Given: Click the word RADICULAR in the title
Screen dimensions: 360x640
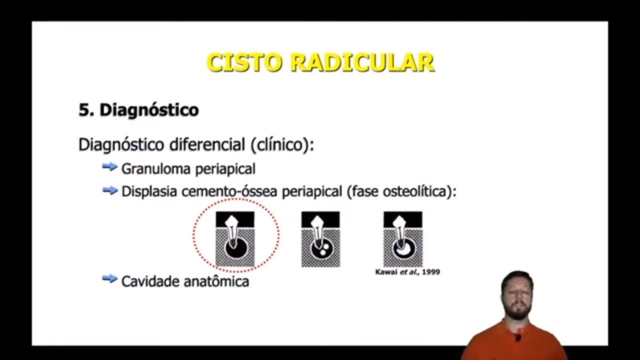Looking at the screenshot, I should pos(362,63).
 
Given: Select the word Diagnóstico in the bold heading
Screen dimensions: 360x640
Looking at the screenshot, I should pos(149,110).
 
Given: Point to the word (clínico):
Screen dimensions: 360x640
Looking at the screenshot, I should pos(282,145).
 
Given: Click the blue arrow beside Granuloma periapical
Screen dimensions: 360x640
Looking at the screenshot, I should pos(109,167).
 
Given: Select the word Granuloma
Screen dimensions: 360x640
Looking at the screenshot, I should pos(156,169).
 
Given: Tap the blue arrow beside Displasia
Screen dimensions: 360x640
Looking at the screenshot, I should pos(109,190).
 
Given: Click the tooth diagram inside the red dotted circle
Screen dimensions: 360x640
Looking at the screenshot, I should pos(235,239).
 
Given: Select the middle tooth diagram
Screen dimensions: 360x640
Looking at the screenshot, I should pos(320,239).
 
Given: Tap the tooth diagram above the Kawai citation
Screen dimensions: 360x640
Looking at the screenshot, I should pos(402,239).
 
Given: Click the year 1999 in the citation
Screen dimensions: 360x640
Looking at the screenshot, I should pos(430,272).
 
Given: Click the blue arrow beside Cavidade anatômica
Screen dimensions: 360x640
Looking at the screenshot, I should pos(109,279).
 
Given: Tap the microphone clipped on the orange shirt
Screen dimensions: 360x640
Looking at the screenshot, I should pos(518,338).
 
